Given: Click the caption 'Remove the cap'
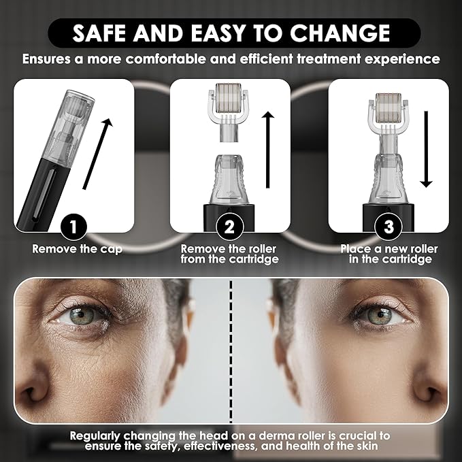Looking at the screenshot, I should (x=77, y=249).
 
